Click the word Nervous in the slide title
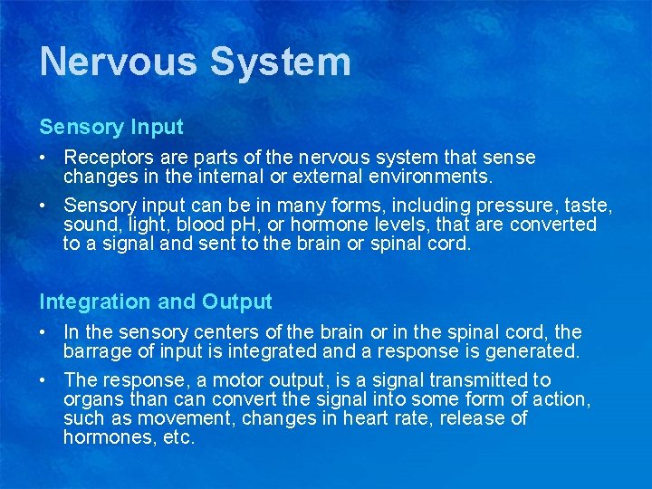click(x=118, y=62)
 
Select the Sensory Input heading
click(x=111, y=127)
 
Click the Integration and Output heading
click(x=155, y=302)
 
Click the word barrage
click(x=98, y=351)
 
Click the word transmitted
click(x=479, y=379)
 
